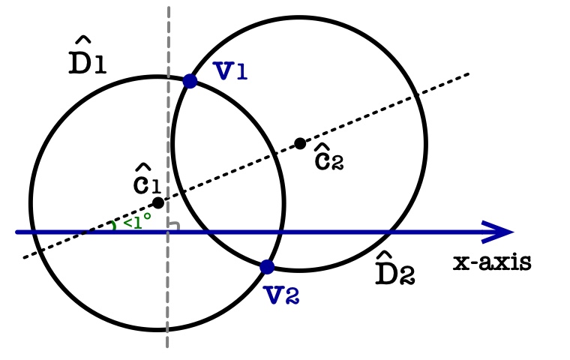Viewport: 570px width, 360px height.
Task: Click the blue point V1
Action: [x=190, y=81]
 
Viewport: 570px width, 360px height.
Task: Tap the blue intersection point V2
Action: [x=267, y=266]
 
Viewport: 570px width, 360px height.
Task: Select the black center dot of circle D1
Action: [x=158, y=202]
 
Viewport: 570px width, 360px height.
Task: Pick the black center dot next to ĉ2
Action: [x=300, y=143]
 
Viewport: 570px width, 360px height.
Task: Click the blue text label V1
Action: [x=230, y=70]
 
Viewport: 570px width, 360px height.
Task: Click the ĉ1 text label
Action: [x=146, y=182]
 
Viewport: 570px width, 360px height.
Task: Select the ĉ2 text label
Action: [x=328, y=157]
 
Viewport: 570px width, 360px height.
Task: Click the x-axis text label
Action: [x=492, y=262]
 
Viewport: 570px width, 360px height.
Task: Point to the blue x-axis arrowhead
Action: [x=501, y=232]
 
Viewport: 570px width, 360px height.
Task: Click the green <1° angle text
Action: [x=136, y=220]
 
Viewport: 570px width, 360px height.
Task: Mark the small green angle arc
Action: [x=114, y=226]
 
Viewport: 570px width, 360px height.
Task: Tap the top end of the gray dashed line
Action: [x=169, y=8]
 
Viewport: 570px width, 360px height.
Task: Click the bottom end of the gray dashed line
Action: [x=167, y=346]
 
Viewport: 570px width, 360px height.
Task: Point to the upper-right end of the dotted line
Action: [x=469, y=73]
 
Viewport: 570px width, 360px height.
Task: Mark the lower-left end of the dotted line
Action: [x=24, y=259]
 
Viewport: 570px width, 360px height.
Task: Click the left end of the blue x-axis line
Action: [x=16, y=232]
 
